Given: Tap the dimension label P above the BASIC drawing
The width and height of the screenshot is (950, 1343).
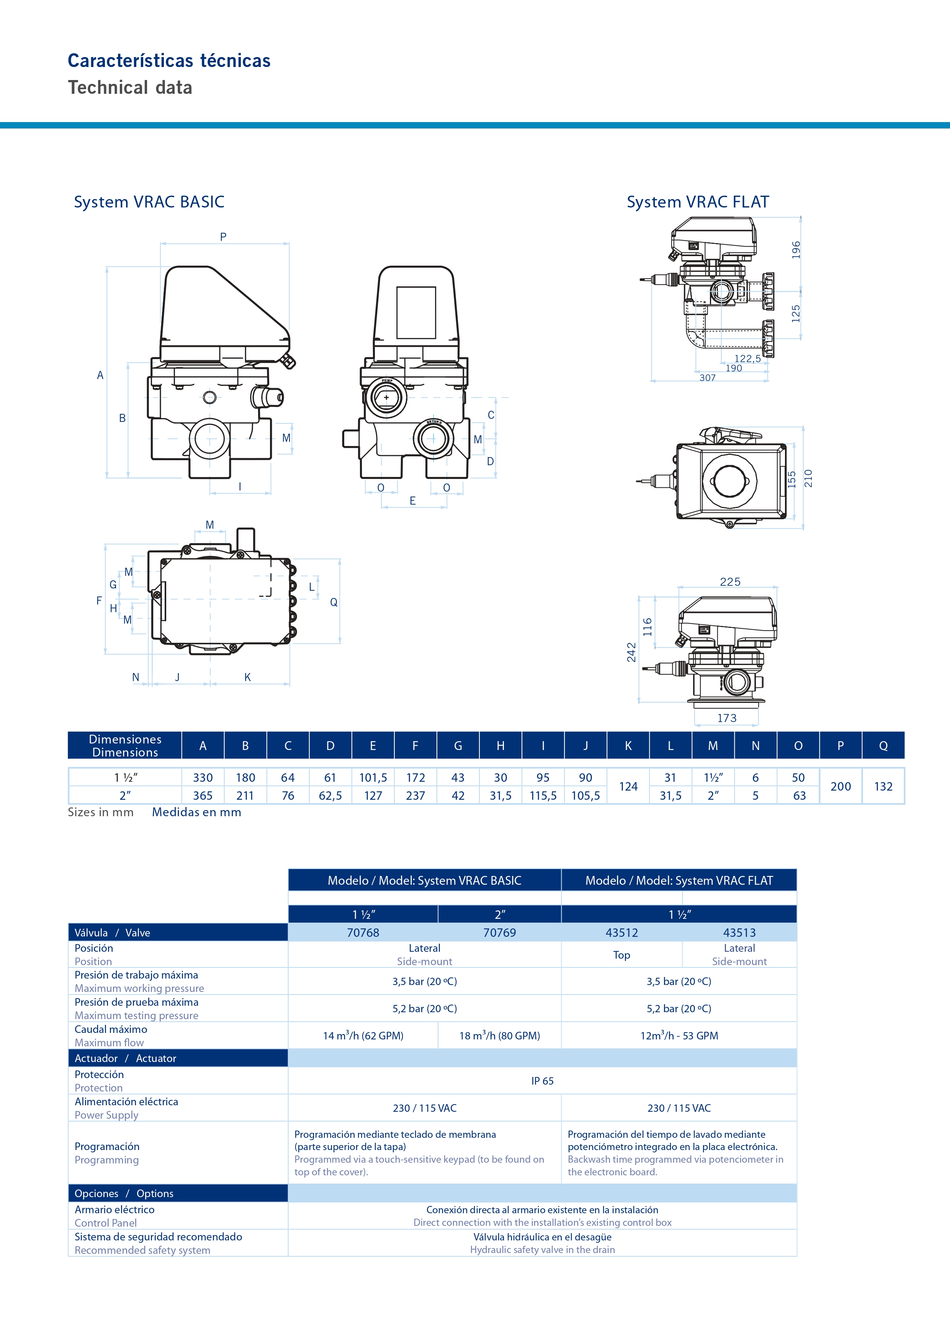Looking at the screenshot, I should pyautogui.click(x=223, y=237).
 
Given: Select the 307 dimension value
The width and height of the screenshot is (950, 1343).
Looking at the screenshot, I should pyautogui.click(x=707, y=378).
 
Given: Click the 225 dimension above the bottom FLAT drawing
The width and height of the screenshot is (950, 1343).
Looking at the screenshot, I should pyautogui.click(x=730, y=582).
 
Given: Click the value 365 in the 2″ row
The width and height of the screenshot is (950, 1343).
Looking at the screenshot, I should pyautogui.click(x=203, y=796).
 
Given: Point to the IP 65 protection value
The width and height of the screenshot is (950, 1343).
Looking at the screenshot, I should pyautogui.click(x=542, y=1081).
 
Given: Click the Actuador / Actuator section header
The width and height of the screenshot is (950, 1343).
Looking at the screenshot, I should pyautogui.click(x=125, y=1058).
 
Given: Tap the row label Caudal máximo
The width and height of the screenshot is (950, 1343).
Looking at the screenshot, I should pyautogui.click(x=111, y=1029).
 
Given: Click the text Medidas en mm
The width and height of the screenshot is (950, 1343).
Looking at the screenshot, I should pyautogui.click(x=196, y=812).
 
